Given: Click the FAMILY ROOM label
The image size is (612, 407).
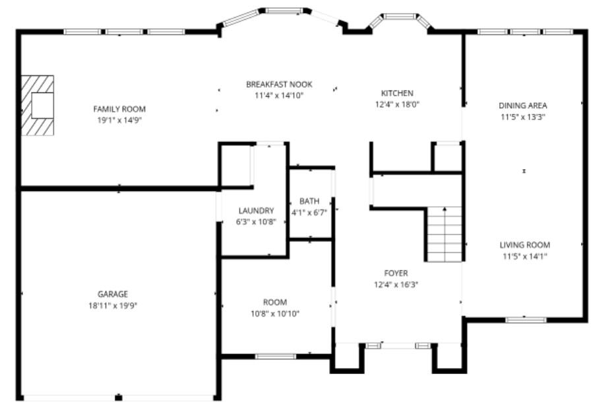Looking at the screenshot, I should (x=119, y=109).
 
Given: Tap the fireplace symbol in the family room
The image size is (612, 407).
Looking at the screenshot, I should (x=37, y=105).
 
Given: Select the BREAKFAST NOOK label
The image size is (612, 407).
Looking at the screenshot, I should (x=279, y=85).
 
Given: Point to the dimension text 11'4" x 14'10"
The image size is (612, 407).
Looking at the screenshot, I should (x=279, y=95).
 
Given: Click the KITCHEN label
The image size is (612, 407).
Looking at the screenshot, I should (x=397, y=93).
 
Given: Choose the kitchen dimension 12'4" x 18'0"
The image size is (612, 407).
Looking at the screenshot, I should (x=397, y=104).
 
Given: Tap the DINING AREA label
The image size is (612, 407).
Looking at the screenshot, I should (x=522, y=105).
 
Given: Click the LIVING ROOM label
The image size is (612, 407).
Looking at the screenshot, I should (x=524, y=244).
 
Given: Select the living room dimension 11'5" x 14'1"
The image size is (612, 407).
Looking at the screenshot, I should (x=524, y=256).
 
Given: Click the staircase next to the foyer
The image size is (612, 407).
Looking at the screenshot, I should (x=444, y=234).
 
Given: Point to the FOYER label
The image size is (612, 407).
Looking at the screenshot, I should (x=396, y=273).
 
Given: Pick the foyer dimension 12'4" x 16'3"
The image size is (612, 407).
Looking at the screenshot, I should (x=396, y=284).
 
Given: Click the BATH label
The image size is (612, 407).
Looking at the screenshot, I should (x=309, y=201).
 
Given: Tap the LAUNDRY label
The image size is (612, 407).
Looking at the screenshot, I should (x=256, y=211).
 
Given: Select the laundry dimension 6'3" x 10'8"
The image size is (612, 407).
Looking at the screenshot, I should (x=256, y=222).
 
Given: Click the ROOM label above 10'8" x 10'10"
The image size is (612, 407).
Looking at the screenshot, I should (x=275, y=302).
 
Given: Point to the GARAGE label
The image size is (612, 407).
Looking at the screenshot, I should (x=113, y=294).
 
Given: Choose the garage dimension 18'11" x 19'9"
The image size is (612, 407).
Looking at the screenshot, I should (x=113, y=305).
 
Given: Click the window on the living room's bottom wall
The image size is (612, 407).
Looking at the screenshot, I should (x=526, y=320).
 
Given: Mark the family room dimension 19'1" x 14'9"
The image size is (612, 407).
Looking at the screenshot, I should (x=119, y=120).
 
